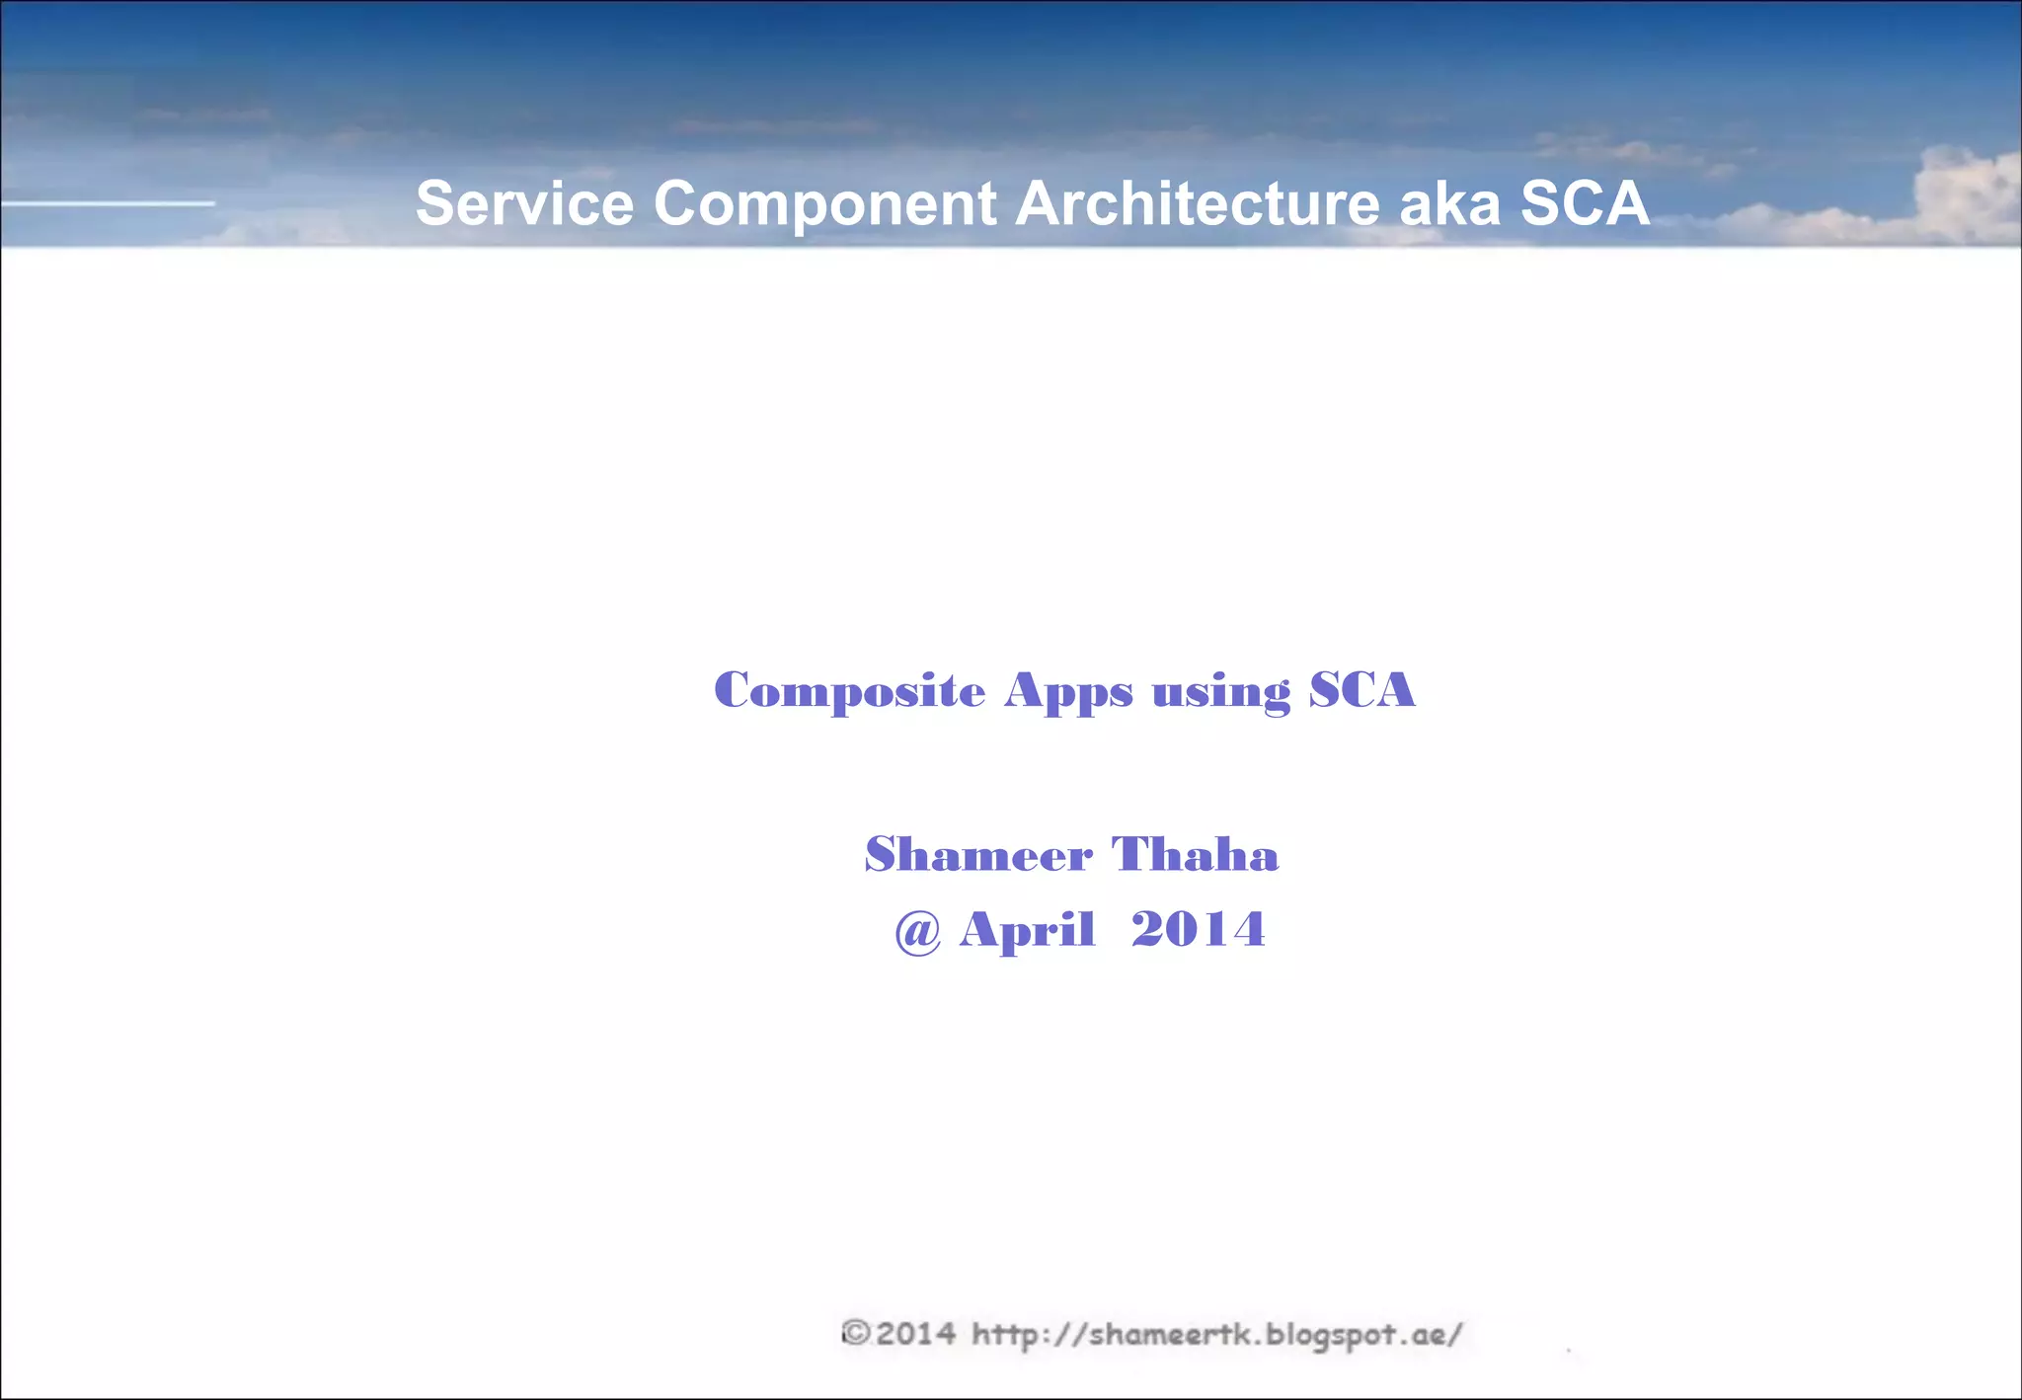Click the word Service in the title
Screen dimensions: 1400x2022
point(524,203)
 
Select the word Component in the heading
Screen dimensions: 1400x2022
point(824,205)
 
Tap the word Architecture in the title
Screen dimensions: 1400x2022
point(1197,203)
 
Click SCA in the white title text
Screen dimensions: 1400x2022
point(1584,203)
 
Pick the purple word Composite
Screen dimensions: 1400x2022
point(849,691)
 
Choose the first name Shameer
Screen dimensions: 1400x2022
point(978,855)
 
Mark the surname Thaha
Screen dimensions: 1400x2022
point(1195,855)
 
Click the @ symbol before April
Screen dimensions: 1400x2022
point(917,931)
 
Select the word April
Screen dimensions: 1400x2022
point(1027,931)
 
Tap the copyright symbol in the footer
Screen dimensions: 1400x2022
point(855,1334)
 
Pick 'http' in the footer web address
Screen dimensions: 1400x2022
point(1005,1336)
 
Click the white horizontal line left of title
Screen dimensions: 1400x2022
point(108,203)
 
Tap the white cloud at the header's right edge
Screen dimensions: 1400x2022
point(1965,193)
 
